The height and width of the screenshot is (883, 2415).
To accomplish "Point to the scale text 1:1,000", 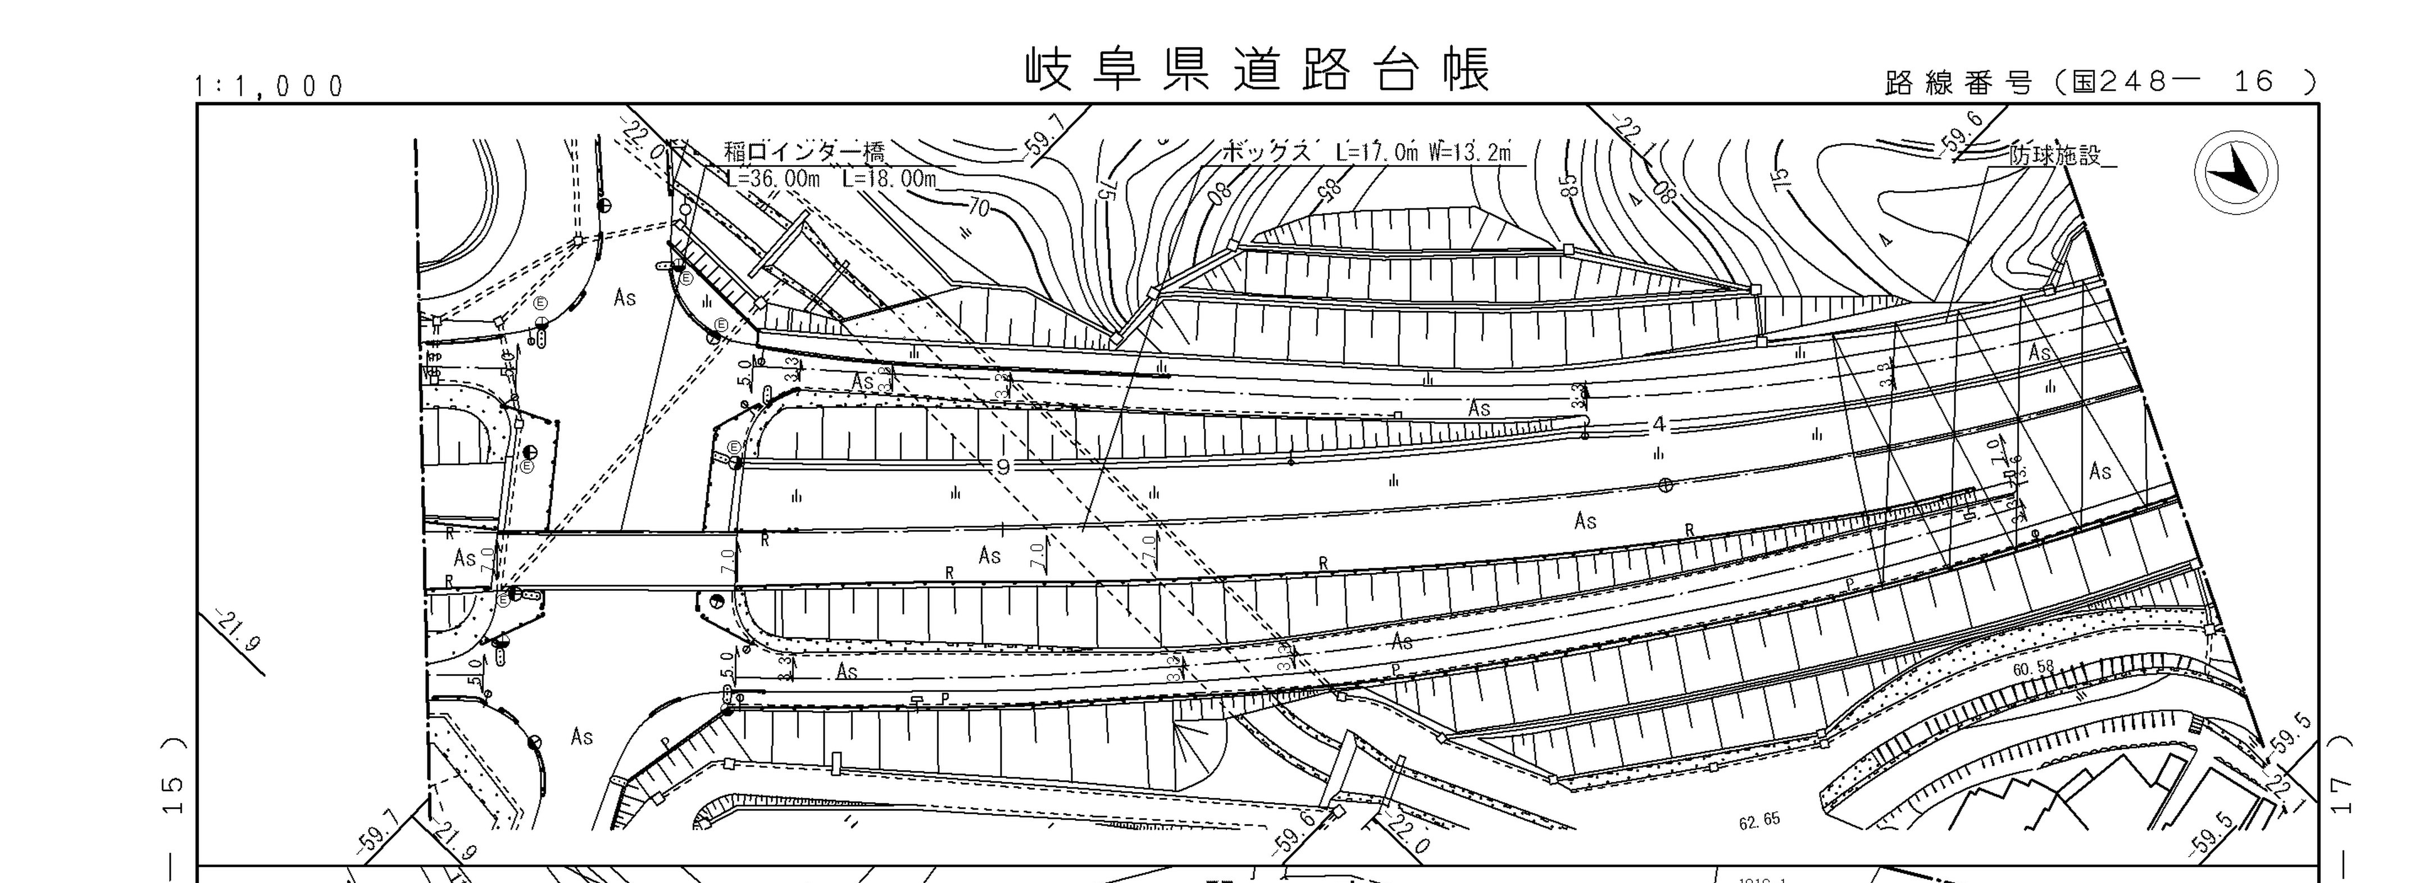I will click(269, 87).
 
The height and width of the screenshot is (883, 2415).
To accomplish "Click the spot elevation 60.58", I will click(2032, 668).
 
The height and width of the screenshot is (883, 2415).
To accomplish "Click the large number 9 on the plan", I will click(1003, 466).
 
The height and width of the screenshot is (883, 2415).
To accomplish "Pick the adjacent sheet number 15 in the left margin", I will click(174, 795).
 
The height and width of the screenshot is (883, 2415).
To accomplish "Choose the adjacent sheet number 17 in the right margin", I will click(2342, 795).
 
